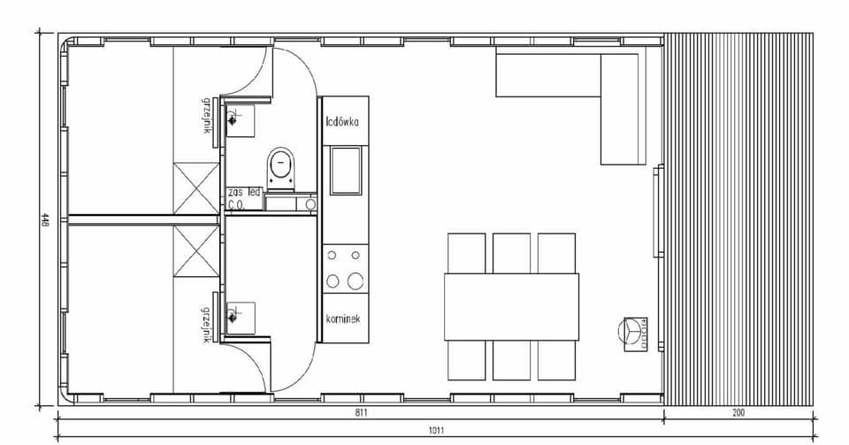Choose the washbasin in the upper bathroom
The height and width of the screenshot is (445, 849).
pos(240,119)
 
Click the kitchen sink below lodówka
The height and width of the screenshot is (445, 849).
pos(345,170)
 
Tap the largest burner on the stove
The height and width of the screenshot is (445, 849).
pos(355,281)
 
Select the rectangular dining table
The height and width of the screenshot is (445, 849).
pos(511,306)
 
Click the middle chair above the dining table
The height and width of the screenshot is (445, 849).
pos(511,252)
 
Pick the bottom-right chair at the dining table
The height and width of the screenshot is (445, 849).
pos(557,359)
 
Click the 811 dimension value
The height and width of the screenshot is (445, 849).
pos(359,413)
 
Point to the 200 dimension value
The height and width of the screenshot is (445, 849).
pos(738,413)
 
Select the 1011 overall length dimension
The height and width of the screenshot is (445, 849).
pos(435,431)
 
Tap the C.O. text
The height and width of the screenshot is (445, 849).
pos(236,203)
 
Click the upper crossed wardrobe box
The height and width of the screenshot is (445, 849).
pos(195,188)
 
